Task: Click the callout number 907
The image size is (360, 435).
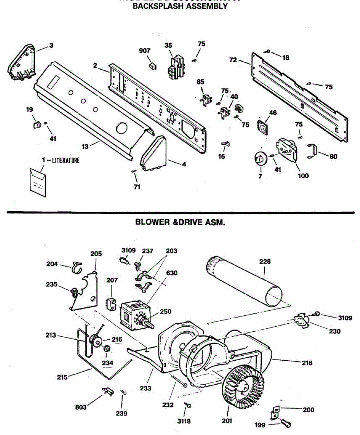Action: (x=145, y=51)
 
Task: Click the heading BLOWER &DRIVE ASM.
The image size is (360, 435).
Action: (x=180, y=222)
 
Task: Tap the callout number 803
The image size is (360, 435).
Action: (x=81, y=407)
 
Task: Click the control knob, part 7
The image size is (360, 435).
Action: (x=260, y=158)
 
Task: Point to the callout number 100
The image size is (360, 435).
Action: (x=303, y=176)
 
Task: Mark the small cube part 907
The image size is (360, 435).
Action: (x=153, y=66)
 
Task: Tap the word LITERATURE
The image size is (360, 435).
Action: (x=66, y=160)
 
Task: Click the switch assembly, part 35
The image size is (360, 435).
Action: (x=175, y=67)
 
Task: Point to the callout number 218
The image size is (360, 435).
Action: (x=307, y=362)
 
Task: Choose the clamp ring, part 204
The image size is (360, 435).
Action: (x=76, y=267)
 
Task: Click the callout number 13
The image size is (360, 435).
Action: (x=84, y=146)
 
